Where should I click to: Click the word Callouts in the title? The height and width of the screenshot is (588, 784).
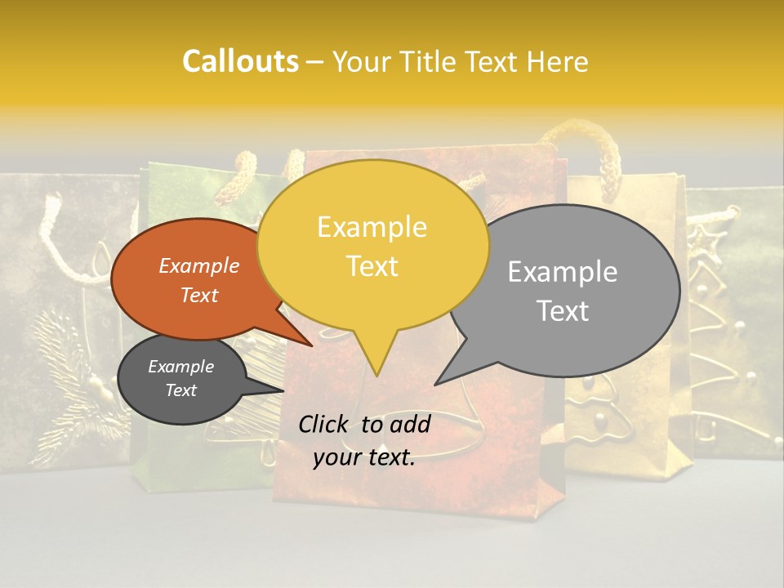[240, 61]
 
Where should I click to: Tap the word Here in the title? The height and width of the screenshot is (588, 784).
[559, 62]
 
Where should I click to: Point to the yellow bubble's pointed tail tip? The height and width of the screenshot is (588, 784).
[376, 375]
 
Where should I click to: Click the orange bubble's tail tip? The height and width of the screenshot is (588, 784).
[311, 345]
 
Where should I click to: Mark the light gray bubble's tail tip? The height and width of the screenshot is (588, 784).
[436, 384]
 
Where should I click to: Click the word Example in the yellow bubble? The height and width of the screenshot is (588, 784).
[372, 227]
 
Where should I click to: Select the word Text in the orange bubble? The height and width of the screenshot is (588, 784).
[199, 295]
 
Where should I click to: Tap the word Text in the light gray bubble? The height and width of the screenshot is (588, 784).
[563, 310]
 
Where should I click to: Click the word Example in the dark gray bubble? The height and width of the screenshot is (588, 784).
[180, 367]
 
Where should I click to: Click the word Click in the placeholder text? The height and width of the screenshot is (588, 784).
[324, 424]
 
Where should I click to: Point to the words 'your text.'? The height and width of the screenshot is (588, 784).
[364, 457]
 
